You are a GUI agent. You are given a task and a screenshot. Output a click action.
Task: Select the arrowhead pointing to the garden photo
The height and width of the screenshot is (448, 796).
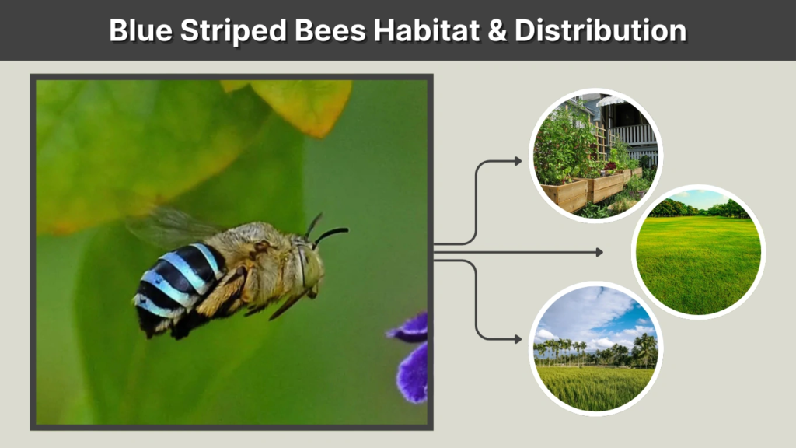[x=517, y=161]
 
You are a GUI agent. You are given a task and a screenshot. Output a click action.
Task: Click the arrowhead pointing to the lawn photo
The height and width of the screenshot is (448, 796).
[x=599, y=252]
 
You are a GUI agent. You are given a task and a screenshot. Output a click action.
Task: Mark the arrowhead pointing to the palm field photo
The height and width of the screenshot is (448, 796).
[x=517, y=339]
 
